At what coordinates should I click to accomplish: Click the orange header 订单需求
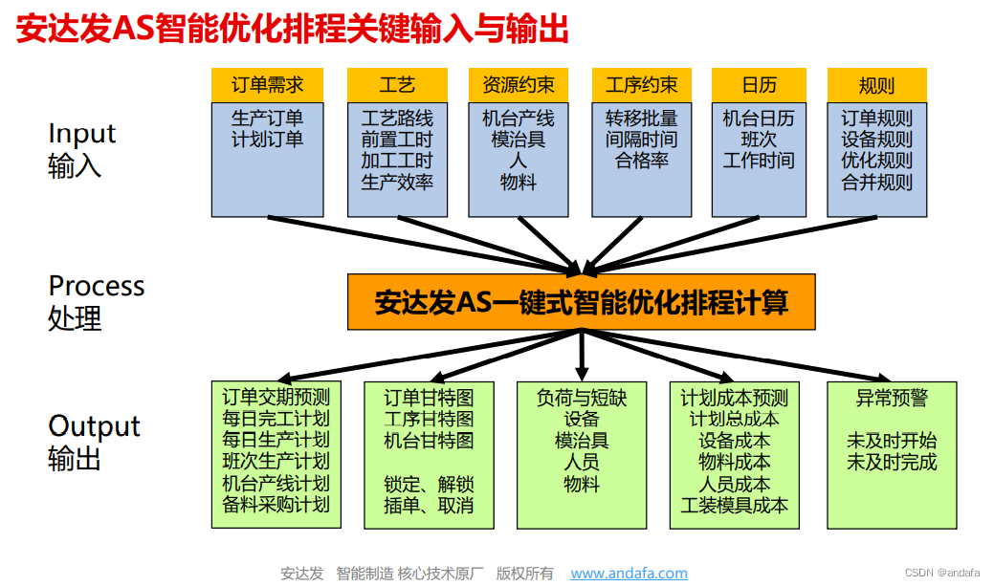pos(267,85)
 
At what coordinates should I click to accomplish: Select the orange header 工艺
pos(397,85)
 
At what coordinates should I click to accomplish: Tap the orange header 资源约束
pos(519,85)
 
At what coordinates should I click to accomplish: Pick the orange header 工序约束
pos(641,85)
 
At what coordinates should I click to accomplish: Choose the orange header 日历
pos(759,85)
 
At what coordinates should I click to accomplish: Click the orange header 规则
pos(876,85)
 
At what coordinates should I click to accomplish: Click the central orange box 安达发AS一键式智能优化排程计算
pos(582,303)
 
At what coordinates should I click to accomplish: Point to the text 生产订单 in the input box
pos(267,119)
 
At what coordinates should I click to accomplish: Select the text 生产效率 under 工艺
pos(397,182)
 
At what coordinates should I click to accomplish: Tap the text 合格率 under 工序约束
pos(641,161)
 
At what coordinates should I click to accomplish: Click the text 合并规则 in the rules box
pos(876,182)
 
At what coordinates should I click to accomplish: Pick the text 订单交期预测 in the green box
pos(276,397)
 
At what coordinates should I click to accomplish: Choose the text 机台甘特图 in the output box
pos(429,440)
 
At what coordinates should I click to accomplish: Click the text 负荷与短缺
pos(582,397)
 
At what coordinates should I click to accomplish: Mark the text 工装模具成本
pos(734,505)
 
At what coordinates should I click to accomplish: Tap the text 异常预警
pos(892,397)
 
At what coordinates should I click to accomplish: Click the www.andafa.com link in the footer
pos(629,574)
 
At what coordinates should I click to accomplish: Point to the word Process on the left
pos(97,286)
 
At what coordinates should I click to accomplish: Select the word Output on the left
pos(94,426)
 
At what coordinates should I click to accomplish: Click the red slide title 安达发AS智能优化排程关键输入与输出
pos(293,31)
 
